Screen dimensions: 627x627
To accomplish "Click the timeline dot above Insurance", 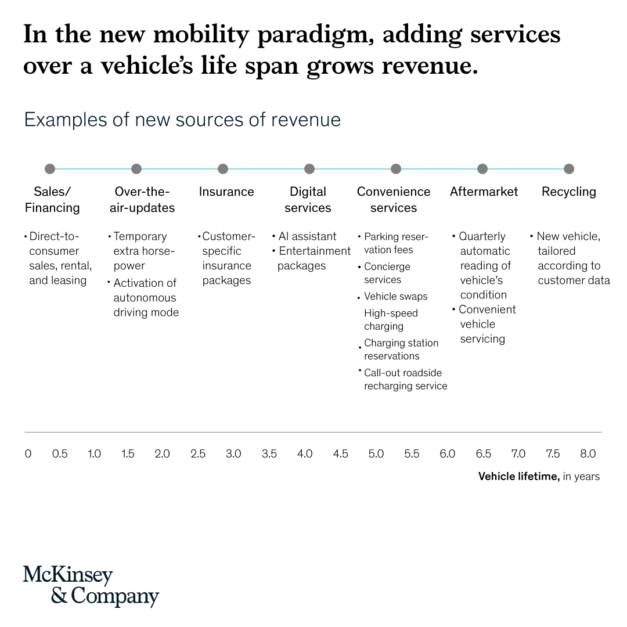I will [223, 169].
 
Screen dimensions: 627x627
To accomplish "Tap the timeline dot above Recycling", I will [569, 169].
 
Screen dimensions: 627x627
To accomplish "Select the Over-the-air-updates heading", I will [142, 200].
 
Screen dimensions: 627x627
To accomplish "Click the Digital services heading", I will [308, 200].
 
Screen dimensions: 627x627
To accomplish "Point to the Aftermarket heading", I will [484, 192].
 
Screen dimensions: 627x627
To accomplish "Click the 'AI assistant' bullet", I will [307, 236].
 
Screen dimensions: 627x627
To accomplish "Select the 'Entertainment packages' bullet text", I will [314, 258].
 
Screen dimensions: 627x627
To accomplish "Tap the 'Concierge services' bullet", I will [387, 273].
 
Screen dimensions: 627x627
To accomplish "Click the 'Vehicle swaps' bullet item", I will [395, 296].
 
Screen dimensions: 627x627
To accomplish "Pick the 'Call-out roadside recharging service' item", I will [405, 379].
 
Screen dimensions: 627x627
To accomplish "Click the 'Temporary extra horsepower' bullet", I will [139, 251].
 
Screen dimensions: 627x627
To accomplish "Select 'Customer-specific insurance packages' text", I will [227, 258].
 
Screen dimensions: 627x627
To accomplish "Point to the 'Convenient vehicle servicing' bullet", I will [486, 324].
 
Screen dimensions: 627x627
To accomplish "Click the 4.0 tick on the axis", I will [305, 454].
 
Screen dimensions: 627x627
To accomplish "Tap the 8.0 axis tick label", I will [588, 454].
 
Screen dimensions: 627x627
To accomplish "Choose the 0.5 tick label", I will [60, 454].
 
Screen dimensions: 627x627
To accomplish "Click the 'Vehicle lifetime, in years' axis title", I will [539, 477].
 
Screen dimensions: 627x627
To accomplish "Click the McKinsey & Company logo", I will [91, 585].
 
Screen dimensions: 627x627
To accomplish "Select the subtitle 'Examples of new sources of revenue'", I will [182, 120].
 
